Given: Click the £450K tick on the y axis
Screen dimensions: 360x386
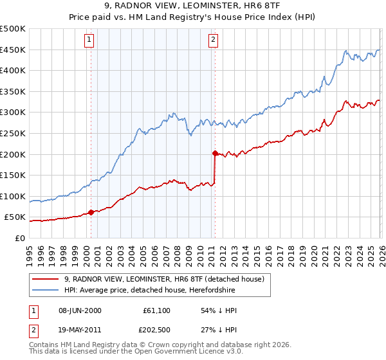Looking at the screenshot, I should [13, 50].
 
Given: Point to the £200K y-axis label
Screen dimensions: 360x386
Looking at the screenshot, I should [13, 154].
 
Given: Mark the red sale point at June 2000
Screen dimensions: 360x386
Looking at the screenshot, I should [91, 212].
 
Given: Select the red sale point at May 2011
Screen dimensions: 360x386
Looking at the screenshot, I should [215, 152].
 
